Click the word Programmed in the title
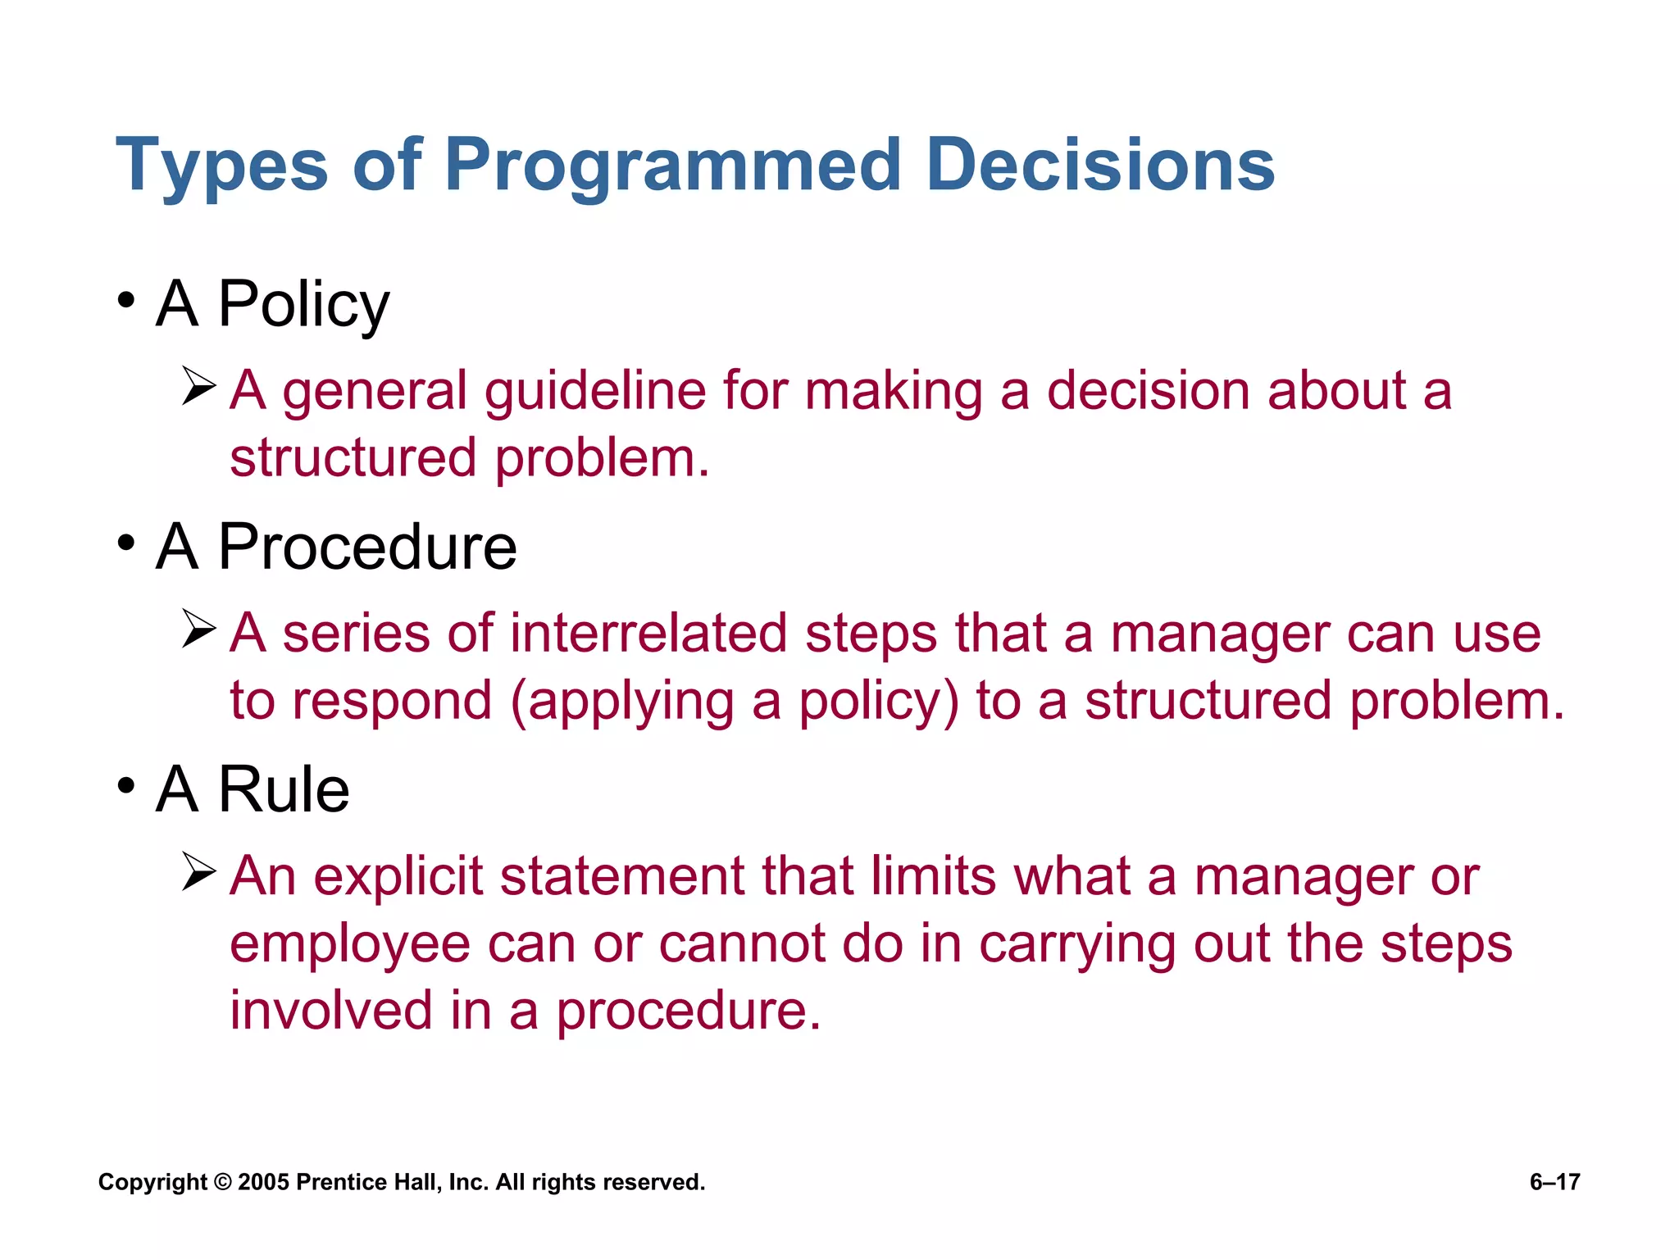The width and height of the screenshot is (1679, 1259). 672,166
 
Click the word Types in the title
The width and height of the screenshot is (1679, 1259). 221,166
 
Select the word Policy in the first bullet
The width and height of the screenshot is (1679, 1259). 303,305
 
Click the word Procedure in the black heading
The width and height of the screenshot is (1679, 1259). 367,548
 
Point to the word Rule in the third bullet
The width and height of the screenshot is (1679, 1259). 284,789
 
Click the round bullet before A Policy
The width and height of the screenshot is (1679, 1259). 125,300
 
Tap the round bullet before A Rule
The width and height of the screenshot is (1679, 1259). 125,785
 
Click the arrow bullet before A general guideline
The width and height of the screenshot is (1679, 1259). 198,386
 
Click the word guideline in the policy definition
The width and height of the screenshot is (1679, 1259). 595,391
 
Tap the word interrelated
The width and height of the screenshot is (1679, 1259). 648,634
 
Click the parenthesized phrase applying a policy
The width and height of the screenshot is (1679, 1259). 735,702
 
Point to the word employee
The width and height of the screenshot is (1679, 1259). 349,944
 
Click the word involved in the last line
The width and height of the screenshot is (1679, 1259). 330,1010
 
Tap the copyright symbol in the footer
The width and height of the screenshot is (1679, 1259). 222,1182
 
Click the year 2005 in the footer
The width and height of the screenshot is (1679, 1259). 263,1182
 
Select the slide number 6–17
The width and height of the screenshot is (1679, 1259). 1554,1182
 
